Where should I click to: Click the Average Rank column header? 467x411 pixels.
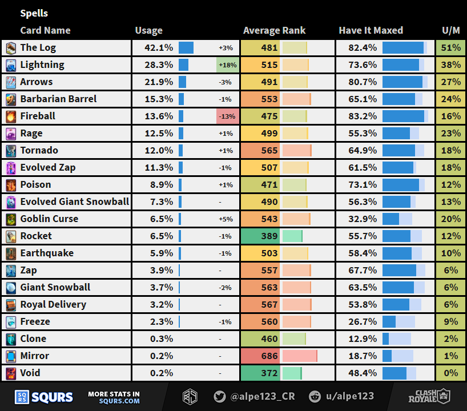274,31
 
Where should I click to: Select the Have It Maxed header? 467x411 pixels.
371,31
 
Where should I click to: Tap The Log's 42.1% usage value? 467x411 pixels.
160,48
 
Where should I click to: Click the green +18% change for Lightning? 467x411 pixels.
227,65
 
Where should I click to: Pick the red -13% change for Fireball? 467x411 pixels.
227,116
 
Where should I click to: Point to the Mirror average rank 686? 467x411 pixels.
269,356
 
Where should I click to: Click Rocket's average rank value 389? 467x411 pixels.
269,236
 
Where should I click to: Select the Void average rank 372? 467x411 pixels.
269,373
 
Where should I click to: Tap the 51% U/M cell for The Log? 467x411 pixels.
450,48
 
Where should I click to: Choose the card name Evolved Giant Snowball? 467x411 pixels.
74,202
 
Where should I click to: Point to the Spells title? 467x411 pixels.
34,13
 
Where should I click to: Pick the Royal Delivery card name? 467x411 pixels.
53,305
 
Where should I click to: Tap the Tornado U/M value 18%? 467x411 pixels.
450,151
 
